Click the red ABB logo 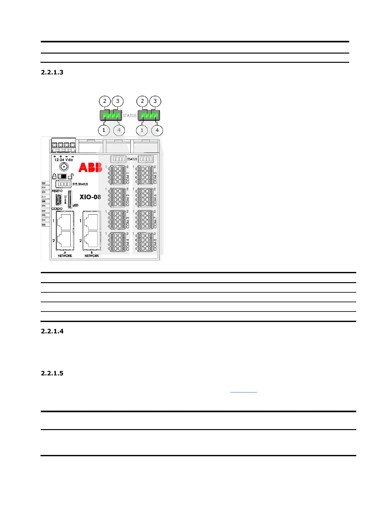(x=90, y=167)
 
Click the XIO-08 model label (x=90, y=197)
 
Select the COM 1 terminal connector (x=117, y=175)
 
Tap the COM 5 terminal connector (x=145, y=175)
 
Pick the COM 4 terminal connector (x=117, y=242)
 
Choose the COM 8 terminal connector (x=145, y=242)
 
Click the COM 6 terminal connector (x=145, y=197)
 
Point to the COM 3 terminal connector (x=117, y=220)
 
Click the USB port (x=58, y=200)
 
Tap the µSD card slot (x=70, y=200)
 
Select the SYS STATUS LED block (x=63, y=184)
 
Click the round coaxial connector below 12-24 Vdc (x=64, y=166)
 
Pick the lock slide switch (x=62, y=176)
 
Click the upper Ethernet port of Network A (x=65, y=221)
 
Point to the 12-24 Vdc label (x=63, y=159)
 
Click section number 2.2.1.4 (x=52, y=331)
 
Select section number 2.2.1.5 (x=52, y=373)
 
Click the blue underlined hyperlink (x=243, y=391)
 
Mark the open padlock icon (x=71, y=176)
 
